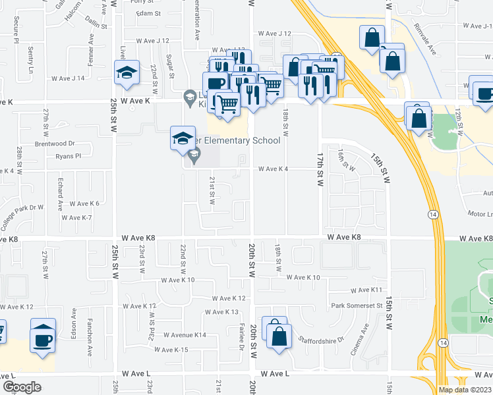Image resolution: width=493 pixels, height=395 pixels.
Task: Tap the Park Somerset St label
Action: pos(357,305)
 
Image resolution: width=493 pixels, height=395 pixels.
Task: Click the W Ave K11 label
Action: pos(366,290)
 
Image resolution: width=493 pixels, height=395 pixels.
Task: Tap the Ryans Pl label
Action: pos(68,156)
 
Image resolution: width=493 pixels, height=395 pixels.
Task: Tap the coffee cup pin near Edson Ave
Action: pos(43,338)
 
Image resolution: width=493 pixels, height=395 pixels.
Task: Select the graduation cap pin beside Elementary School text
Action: pos(183,138)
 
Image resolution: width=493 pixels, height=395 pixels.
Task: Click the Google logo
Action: pos(22,387)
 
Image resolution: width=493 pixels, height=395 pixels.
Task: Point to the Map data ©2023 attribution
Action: pos(464,390)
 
